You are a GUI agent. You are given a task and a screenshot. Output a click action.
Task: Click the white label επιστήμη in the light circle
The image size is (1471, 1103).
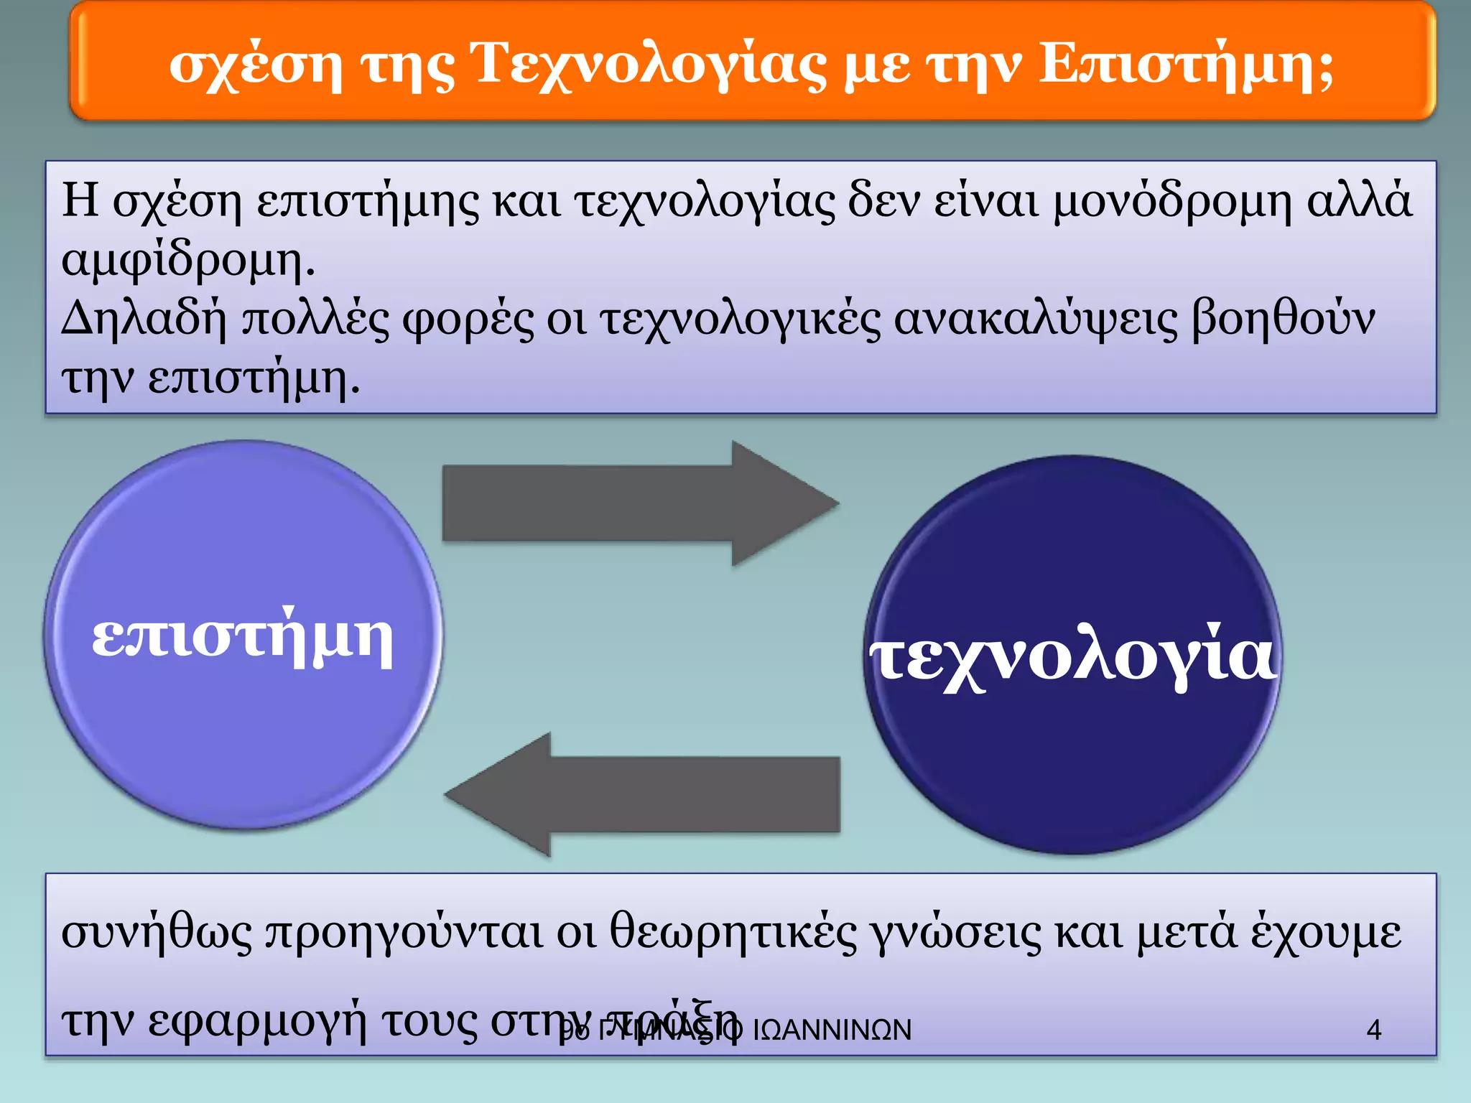[x=243, y=638]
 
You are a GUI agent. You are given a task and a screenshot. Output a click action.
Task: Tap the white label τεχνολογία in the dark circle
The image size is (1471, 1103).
[x=1073, y=658]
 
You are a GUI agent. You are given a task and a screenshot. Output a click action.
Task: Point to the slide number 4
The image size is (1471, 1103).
[x=1373, y=1030]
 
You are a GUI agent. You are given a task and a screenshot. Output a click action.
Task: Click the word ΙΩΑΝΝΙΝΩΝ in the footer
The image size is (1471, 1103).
[x=832, y=1030]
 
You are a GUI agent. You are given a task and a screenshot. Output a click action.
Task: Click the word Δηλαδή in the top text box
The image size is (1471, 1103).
[x=144, y=319]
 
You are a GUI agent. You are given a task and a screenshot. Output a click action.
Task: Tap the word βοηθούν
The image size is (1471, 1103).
[x=1283, y=319]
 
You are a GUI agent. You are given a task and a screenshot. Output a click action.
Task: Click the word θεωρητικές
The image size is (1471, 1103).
[x=733, y=932]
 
